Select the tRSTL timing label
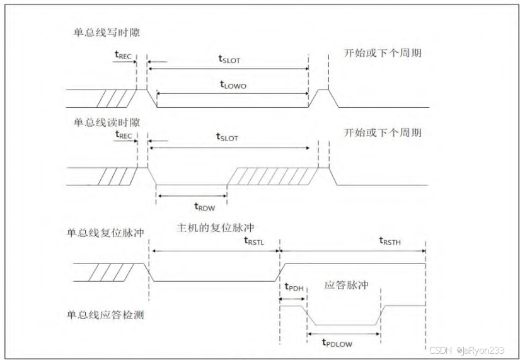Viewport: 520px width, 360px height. tap(255, 241)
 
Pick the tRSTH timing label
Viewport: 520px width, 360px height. tap(390, 241)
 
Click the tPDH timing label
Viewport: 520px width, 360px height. tap(294, 287)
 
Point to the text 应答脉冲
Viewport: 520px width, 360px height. tap(347, 285)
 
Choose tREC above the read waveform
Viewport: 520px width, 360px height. tap(124, 135)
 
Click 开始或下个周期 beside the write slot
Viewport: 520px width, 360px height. tap(383, 53)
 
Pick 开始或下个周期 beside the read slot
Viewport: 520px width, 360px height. tap(383, 132)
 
